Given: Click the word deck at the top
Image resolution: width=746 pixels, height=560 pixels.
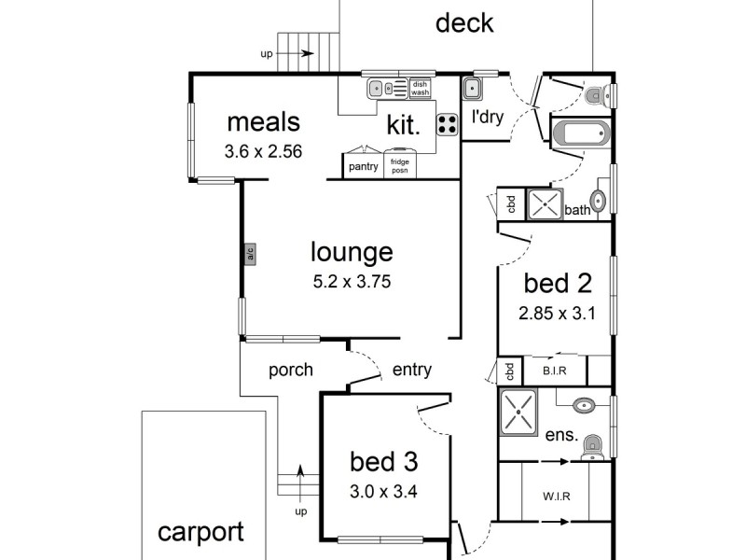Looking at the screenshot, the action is pyautogui.click(x=464, y=22).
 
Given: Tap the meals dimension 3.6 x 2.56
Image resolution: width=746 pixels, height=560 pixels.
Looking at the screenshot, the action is pyautogui.click(x=263, y=151).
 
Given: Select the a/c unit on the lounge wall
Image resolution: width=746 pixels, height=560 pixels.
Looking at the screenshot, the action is pyautogui.click(x=250, y=254).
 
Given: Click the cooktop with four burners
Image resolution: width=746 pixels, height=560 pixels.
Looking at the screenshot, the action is pyautogui.click(x=448, y=124).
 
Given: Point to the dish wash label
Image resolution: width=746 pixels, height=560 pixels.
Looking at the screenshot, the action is pyautogui.click(x=420, y=88).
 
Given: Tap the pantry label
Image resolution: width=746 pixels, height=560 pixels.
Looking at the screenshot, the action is pyautogui.click(x=363, y=167).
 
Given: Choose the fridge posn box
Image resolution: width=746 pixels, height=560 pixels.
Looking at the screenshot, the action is pyautogui.click(x=400, y=165).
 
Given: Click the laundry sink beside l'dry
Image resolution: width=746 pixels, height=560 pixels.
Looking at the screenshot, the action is pyautogui.click(x=472, y=88).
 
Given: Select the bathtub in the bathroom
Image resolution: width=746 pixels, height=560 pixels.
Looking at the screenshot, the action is pyautogui.click(x=580, y=133).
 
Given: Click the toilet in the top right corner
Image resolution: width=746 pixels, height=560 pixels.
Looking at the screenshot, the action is pyautogui.click(x=597, y=95).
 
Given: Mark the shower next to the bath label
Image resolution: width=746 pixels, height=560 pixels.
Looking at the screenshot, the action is pyautogui.click(x=545, y=204).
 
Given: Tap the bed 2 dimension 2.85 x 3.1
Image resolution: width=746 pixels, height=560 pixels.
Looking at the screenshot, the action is pyautogui.click(x=557, y=314).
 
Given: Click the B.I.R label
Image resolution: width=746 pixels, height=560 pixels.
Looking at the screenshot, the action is pyautogui.click(x=554, y=371).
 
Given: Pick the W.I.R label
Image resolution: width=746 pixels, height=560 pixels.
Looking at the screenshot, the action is pyautogui.click(x=556, y=497).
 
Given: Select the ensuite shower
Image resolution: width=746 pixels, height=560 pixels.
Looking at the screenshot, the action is pyautogui.click(x=518, y=412).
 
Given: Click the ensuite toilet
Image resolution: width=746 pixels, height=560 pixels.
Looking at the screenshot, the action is pyautogui.click(x=592, y=448).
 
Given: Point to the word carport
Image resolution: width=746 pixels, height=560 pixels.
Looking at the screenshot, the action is pyautogui.click(x=200, y=532).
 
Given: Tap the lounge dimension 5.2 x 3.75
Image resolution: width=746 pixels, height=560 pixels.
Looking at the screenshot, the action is pyautogui.click(x=352, y=282).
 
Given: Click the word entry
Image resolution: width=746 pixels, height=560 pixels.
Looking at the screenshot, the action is pyautogui.click(x=412, y=370).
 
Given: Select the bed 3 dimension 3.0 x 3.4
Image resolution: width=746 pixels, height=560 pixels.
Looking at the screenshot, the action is pyautogui.click(x=383, y=491).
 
